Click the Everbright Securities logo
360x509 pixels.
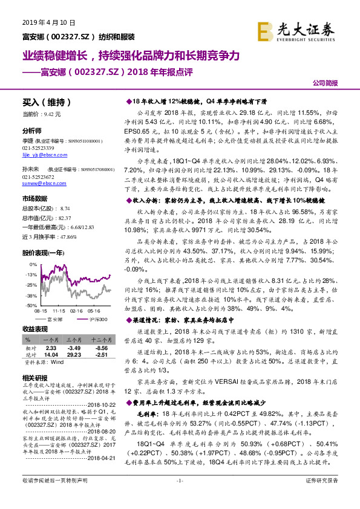coord(304,29)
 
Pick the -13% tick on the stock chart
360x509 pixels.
coord(31,274)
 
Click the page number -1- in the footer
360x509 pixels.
coord(179,497)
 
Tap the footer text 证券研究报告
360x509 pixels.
coord(322,497)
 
